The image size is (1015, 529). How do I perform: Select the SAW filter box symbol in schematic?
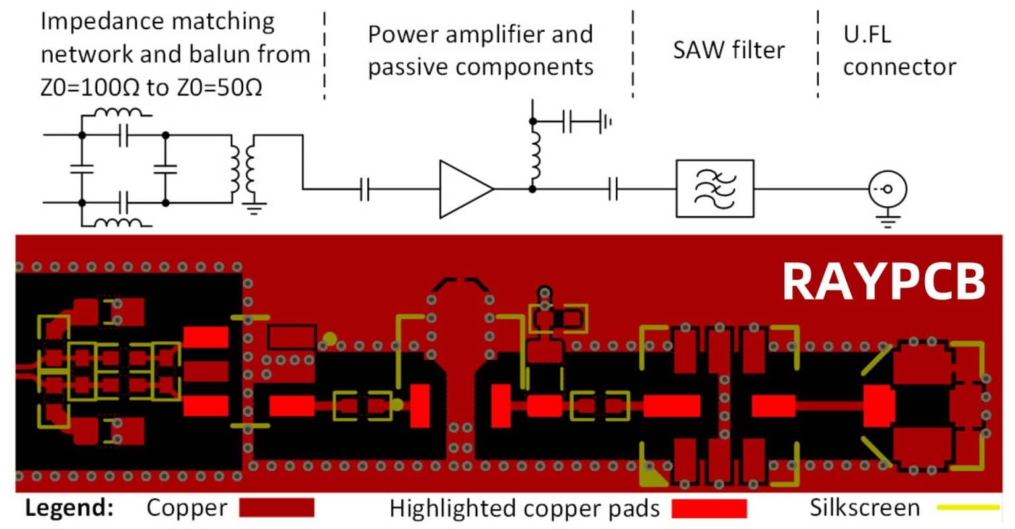tap(714, 188)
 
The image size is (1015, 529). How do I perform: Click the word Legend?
tap(69, 509)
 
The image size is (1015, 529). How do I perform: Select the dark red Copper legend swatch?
tap(276, 508)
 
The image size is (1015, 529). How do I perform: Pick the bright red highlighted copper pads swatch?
tap(709, 509)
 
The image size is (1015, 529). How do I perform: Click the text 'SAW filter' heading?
tap(728, 50)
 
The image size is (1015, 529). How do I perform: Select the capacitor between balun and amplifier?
tap(364, 190)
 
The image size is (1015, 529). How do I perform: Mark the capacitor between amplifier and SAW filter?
tap(613, 190)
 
